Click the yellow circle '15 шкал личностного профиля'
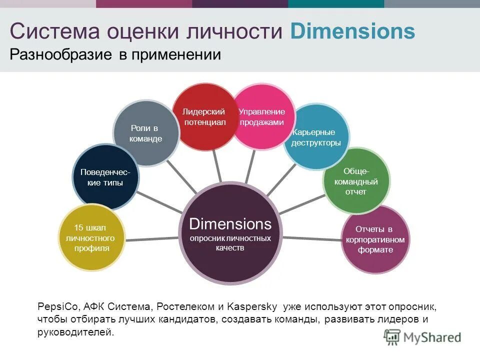coord(91,238)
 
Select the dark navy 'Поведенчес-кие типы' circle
coord(105,177)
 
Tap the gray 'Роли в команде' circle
coord(146,133)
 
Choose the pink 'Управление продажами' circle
coord(261,117)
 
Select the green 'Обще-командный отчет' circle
coord(356,181)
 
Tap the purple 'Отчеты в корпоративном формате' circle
coord(375,239)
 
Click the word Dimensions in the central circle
coord(230,223)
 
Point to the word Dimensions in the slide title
coord(352,31)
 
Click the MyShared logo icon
coord(392,337)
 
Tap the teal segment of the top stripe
coord(336,3)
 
